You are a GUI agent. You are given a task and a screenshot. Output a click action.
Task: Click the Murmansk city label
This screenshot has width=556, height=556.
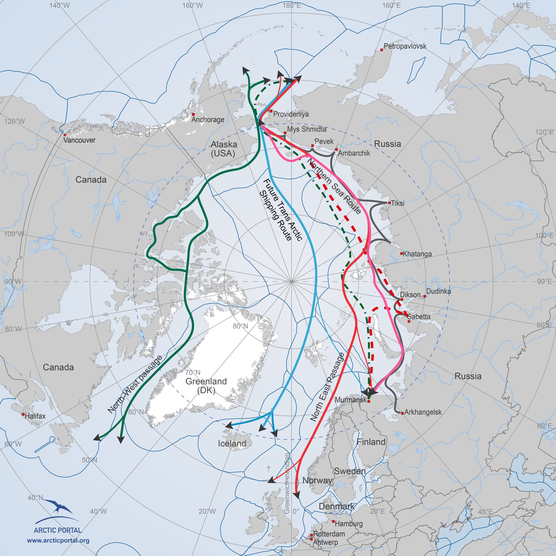pyautogui.click(x=350, y=400)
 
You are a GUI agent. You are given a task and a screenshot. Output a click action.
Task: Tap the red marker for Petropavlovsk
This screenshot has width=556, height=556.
pyautogui.click(x=382, y=50)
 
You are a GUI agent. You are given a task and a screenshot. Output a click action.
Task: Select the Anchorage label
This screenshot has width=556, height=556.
pyautogui.click(x=208, y=120)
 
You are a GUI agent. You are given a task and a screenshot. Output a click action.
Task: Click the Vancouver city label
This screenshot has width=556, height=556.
pyautogui.click(x=79, y=140)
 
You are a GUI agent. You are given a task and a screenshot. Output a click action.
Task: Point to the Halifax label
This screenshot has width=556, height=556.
pyautogui.click(x=35, y=416)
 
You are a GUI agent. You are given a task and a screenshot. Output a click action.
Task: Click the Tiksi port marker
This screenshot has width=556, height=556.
pyautogui.click(x=390, y=203)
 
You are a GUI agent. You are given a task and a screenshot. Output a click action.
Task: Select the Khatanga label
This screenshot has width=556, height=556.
pyautogui.click(x=417, y=254)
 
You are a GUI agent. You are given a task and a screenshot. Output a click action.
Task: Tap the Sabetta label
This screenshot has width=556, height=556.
pyautogui.click(x=419, y=317)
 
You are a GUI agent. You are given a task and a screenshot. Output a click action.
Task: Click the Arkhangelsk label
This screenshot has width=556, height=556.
pyautogui.click(x=423, y=412)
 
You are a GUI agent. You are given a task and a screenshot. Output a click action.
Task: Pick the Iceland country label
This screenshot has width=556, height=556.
pyautogui.click(x=232, y=444)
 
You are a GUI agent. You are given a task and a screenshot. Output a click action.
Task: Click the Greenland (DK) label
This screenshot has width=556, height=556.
pyautogui.click(x=206, y=385)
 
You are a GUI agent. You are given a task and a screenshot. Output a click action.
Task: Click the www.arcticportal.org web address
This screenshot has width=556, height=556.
pyautogui.click(x=58, y=540)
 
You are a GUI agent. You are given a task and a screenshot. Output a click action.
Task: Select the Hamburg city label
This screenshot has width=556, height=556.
pyautogui.click(x=349, y=524)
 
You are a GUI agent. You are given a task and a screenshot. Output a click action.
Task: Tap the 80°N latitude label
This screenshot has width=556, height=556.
pyautogui.click(x=240, y=326)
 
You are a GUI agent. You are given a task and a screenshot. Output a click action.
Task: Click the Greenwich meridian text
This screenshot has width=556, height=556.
pyautogui.click(x=287, y=483)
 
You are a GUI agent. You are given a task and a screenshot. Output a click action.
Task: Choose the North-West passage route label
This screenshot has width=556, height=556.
pyautogui.click(x=135, y=384)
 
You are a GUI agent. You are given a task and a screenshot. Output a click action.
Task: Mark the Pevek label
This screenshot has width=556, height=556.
pyautogui.click(x=324, y=142)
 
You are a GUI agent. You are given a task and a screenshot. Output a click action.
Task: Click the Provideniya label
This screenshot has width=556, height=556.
pyautogui.click(x=291, y=114)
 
